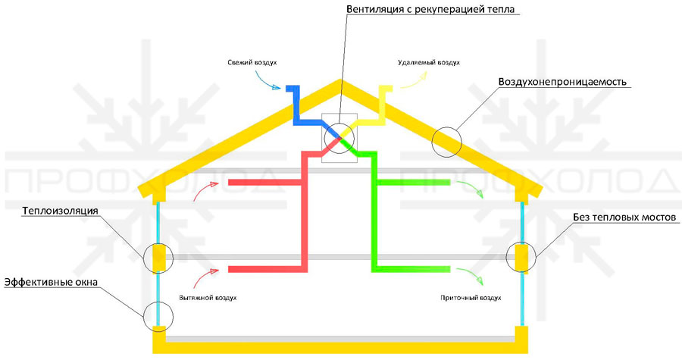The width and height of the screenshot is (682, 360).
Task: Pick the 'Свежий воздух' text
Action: [249, 62]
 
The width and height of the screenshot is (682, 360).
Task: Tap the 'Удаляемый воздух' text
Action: [429, 62]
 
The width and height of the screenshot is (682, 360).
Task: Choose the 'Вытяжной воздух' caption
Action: [208, 298]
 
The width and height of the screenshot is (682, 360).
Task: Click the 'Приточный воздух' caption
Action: [471, 298]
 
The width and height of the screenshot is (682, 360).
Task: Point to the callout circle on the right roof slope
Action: [446, 140]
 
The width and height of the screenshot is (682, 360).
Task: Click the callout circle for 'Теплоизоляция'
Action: [158, 257]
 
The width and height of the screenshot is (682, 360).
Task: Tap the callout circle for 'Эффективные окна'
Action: [158, 313]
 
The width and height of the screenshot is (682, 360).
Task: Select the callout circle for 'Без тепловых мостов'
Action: [521, 257]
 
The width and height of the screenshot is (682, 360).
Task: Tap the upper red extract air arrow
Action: [203, 194]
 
